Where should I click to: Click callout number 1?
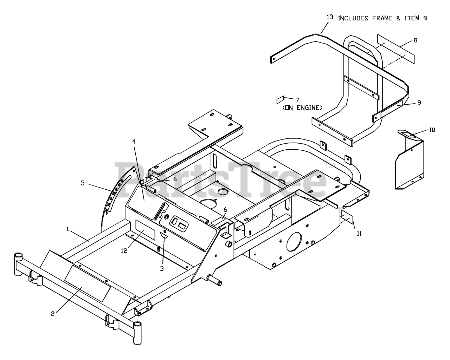(68, 229)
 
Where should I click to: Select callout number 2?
(52, 314)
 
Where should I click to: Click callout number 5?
(83, 183)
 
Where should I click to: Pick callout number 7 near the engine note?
(297, 100)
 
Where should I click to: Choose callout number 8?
(415, 40)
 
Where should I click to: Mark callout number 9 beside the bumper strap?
(419, 103)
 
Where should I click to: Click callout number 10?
(432, 130)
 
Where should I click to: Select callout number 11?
(359, 233)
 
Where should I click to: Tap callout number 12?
(123, 250)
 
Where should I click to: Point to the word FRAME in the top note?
(381, 18)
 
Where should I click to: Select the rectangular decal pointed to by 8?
(396, 49)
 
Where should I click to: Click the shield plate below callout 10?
(410, 165)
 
